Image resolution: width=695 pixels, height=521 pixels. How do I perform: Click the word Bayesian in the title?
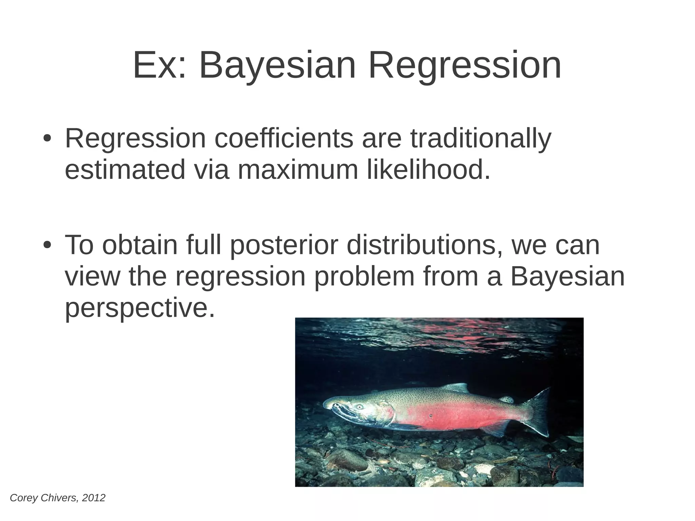click(x=277, y=65)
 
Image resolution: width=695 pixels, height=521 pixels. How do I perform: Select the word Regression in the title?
click(x=465, y=65)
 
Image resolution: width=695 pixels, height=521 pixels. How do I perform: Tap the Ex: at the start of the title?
click(x=159, y=65)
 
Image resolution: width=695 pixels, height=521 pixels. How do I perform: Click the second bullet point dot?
click(x=47, y=245)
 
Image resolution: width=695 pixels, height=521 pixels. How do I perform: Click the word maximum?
click(x=298, y=170)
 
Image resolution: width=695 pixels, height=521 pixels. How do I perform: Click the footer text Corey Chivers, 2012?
click(x=58, y=498)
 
